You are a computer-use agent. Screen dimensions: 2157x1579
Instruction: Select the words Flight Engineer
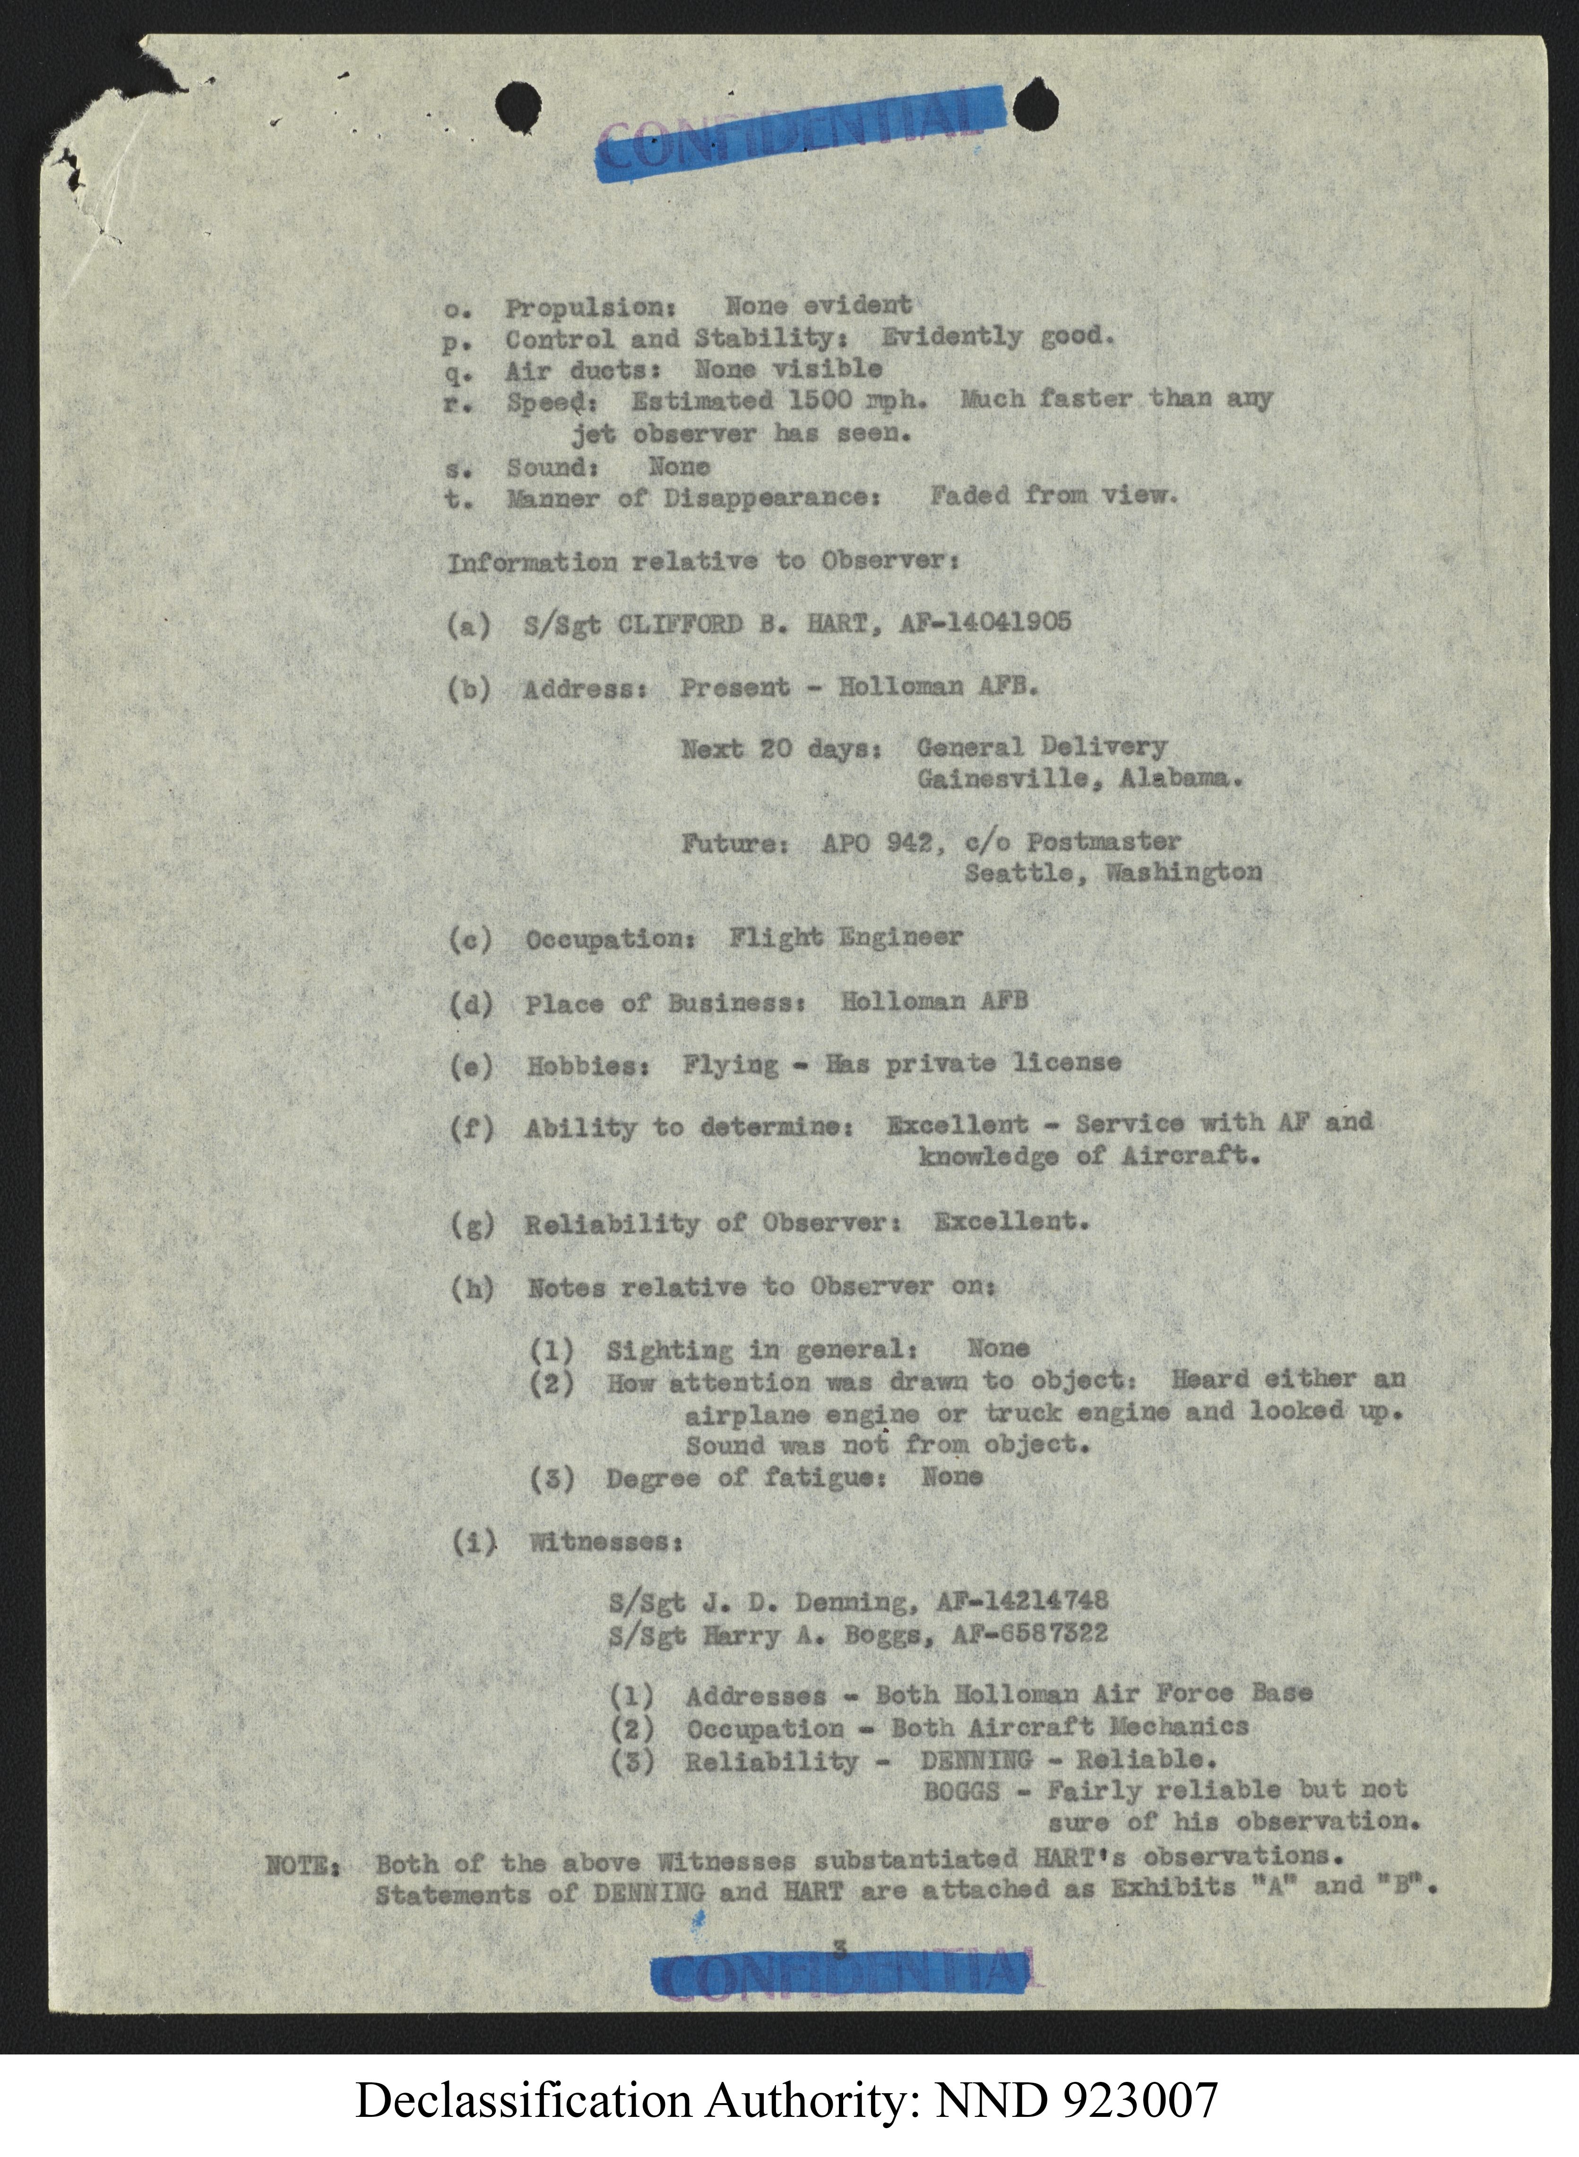click(845, 937)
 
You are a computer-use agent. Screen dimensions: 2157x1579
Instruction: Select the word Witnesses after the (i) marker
click(604, 1541)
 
